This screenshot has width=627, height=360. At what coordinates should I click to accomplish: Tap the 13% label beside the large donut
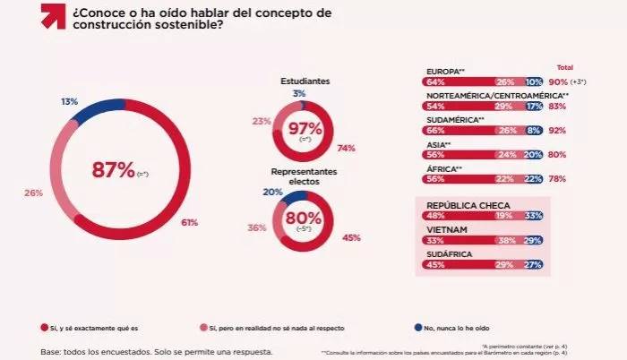[69, 101]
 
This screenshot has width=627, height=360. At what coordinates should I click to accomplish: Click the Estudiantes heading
[305, 81]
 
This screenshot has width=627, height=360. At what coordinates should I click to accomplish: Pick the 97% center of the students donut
[305, 131]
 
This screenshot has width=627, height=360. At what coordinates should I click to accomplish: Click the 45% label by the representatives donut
[351, 237]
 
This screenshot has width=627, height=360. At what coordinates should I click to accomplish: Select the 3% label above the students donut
[298, 93]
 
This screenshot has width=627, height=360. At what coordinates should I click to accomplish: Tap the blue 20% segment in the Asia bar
[532, 154]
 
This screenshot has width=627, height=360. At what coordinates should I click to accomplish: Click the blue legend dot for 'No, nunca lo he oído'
[419, 329]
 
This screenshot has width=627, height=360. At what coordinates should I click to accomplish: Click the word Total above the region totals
[565, 68]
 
